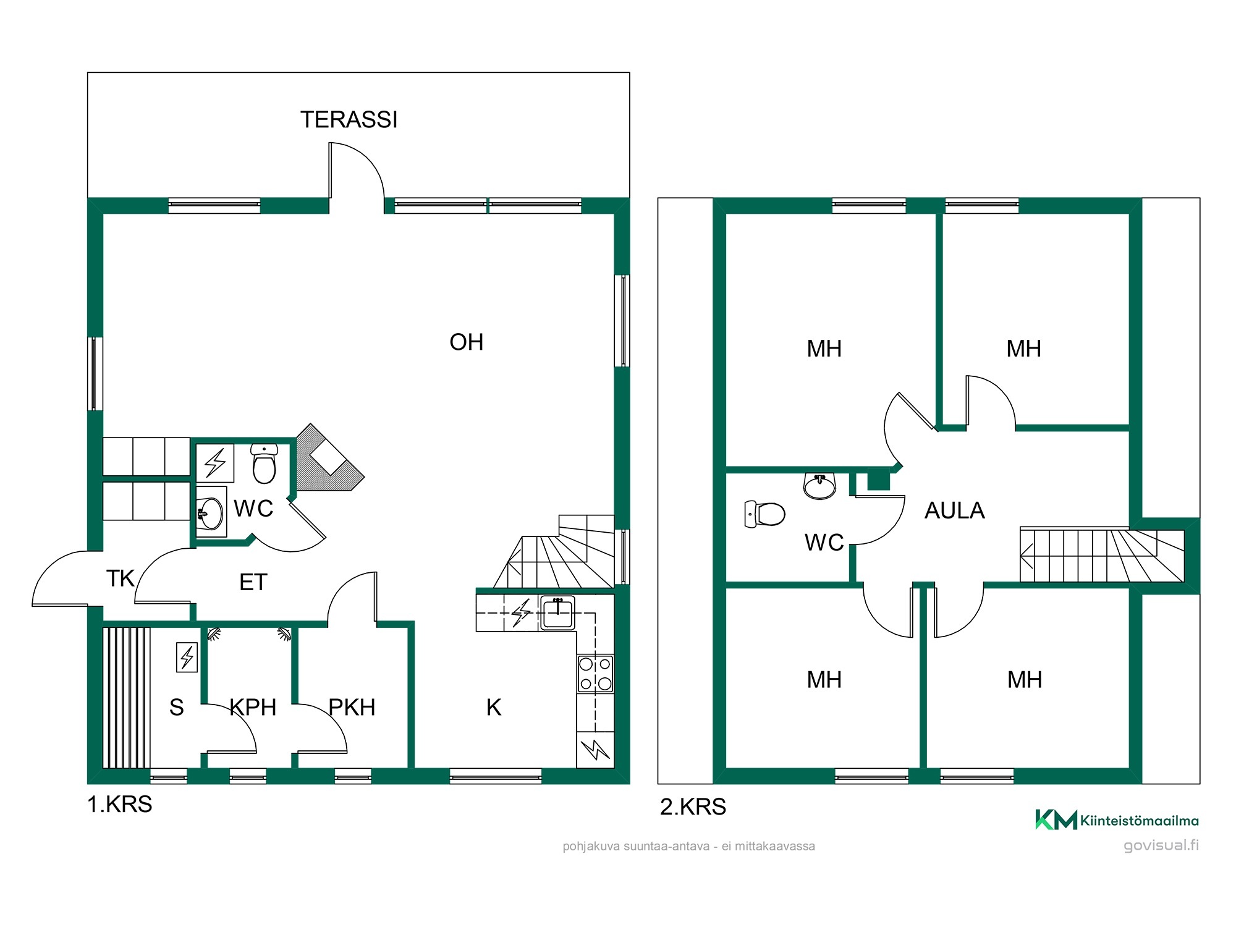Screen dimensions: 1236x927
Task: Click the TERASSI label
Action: coord(349,120)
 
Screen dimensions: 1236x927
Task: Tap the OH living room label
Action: coord(467,342)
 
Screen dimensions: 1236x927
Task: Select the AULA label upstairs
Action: coord(954,510)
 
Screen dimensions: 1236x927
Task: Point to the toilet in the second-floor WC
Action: coord(764,514)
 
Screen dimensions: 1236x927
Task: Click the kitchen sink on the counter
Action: coord(557,613)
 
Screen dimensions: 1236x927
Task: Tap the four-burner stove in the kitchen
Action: coord(595,674)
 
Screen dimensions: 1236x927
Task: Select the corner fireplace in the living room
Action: coord(329,458)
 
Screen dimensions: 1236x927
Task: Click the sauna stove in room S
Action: coord(187,657)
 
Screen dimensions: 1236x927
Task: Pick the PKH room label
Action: coord(352,707)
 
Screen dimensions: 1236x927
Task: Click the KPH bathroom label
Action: coord(253,707)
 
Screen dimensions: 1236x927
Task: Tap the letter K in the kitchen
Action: coord(493,707)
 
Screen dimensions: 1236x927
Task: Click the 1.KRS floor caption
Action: coord(119,805)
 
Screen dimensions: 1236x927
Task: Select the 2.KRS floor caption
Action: coord(693,807)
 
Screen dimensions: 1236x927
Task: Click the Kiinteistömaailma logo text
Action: coord(1139,821)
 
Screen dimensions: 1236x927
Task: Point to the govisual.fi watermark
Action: coord(1161,845)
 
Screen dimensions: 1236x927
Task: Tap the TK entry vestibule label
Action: coord(120,578)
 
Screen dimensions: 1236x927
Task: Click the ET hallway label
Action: coord(253,582)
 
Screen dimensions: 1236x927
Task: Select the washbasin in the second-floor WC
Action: coord(819,486)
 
